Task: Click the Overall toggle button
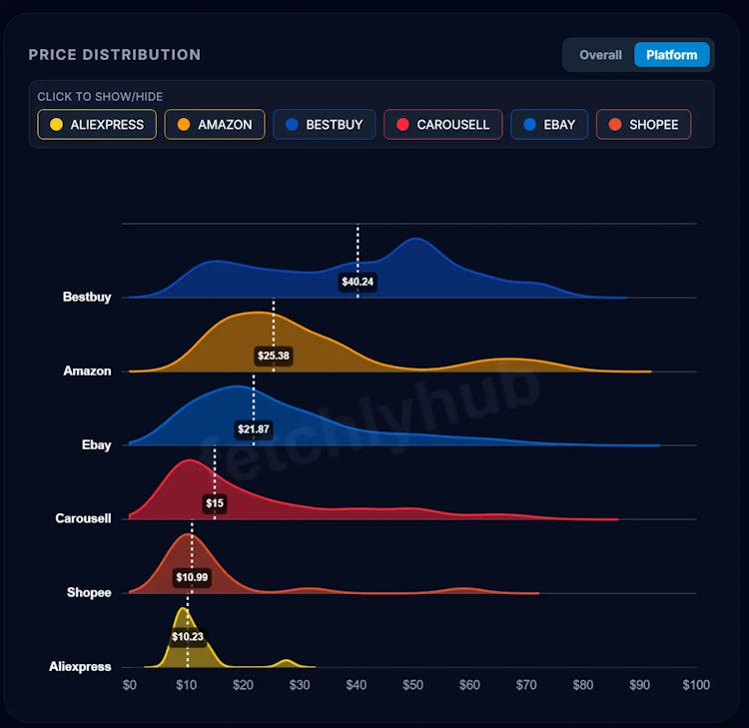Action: click(x=600, y=55)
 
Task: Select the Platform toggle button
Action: click(x=671, y=55)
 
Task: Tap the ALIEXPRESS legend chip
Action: click(x=97, y=125)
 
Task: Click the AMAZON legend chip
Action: click(x=215, y=125)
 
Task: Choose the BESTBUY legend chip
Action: click(x=325, y=125)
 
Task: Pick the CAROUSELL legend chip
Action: click(x=442, y=125)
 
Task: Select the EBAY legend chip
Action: click(x=549, y=125)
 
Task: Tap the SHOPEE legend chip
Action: click(x=643, y=125)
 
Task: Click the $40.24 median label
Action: click(x=358, y=282)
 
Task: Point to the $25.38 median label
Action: click(x=273, y=356)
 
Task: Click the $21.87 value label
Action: click(x=254, y=429)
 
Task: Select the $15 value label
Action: click(x=215, y=503)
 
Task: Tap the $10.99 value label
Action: click(x=192, y=577)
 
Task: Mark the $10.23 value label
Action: click(x=187, y=636)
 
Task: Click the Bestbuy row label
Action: click(x=87, y=297)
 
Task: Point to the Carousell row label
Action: click(x=83, y=518)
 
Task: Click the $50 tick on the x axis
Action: click(x=412, y=685)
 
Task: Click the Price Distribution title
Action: click(x=114, y=55)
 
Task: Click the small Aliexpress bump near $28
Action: click(x=287, y=662)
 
